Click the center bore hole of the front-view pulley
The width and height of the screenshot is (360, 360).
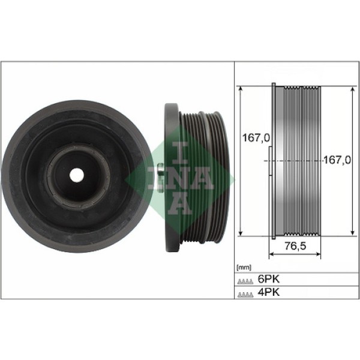[76, 175]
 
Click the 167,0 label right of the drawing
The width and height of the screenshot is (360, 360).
[337, 160]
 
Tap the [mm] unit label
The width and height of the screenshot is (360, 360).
[244, 267]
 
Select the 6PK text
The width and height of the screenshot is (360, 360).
[268, 279]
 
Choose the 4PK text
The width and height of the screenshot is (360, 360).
[268, 293]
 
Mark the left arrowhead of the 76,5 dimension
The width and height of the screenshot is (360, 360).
[271, 254]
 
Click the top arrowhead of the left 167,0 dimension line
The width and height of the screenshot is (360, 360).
[241, 88]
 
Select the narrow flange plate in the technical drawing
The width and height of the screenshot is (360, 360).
[276, 161]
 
